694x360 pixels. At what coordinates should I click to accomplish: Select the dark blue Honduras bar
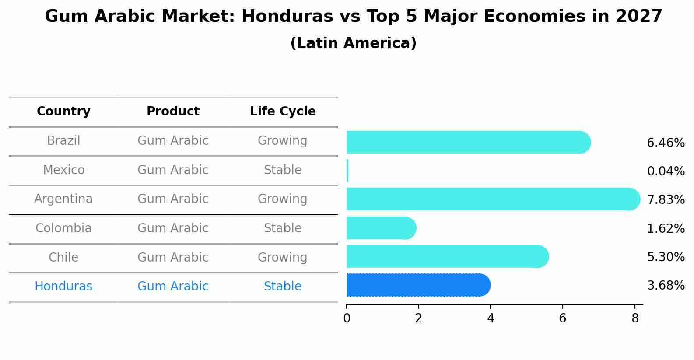point(418,285)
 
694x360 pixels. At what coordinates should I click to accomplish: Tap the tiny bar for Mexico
point(347,171)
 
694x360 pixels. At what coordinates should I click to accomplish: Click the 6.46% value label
point(665,143)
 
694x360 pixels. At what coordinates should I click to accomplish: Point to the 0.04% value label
point(665,171)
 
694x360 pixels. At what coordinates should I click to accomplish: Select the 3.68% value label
point(665,286)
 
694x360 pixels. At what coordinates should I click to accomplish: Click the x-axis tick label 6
point(562,318)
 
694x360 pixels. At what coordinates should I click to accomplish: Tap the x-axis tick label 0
point(347,318)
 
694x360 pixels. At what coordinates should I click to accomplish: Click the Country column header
point(63,112)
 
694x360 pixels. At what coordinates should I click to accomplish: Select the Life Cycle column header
point(283,112)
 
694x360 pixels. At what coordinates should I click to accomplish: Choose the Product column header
point(173,112)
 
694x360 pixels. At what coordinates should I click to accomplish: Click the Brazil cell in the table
point(63,141)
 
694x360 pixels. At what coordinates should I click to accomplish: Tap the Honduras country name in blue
point(63,287)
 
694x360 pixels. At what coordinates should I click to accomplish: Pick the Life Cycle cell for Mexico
point(283,170)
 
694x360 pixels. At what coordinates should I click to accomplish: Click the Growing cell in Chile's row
point(283,258)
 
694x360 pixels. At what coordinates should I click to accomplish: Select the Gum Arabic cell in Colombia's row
point(173,228)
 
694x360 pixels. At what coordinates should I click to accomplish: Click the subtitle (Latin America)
point(353,43)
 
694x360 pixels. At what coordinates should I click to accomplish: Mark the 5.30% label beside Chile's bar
point(665,257)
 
